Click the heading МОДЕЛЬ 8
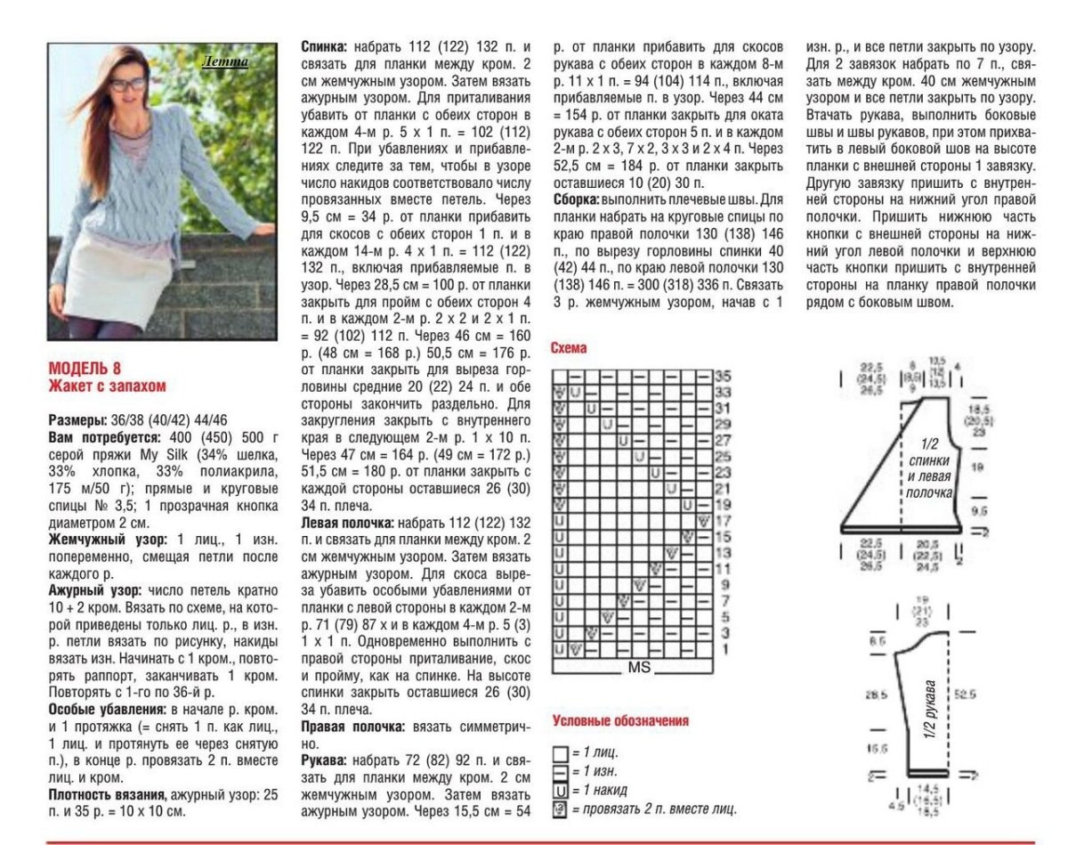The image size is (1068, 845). tap(85, 369)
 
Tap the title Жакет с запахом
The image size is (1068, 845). tap(107, 386)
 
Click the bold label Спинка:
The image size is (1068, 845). tap(326, 46)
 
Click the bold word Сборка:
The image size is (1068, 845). tap(578, 199)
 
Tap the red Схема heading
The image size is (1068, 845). tap(570, 349)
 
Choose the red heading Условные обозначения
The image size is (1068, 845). tap(620, 720)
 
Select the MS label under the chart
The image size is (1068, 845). tap(640, 667)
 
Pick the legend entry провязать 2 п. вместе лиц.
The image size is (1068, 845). tap(654, 808)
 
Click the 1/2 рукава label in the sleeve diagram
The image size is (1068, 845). tap(930, 712)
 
